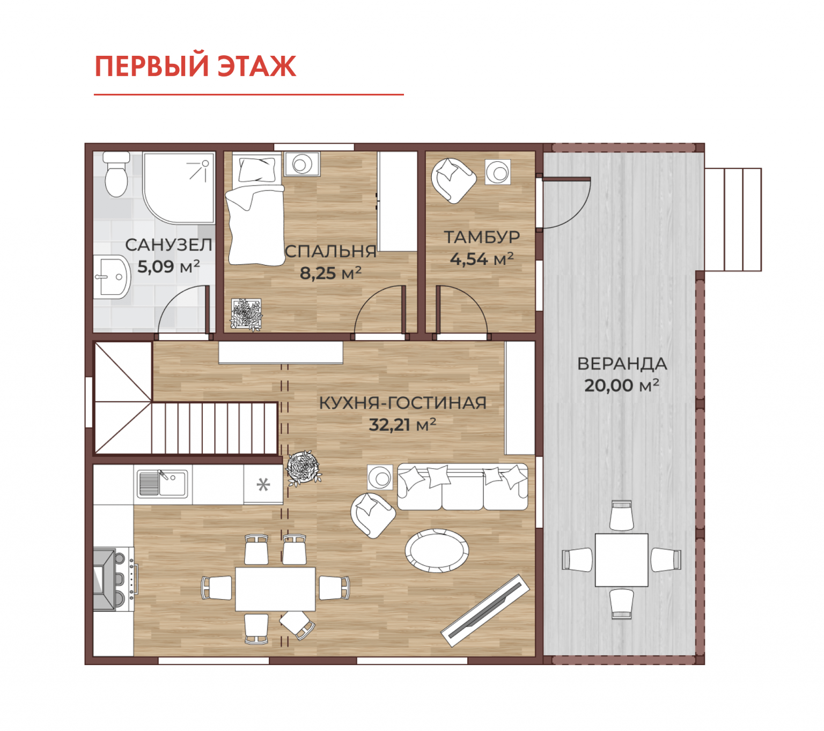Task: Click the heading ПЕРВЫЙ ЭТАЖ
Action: pyautogui.click(x=195, y=66)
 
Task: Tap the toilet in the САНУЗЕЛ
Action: pyautogui.click(x=116, y=174)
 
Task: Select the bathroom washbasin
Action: pyautogui.click(x=112, y=277)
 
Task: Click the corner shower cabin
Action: pyautogui.click(x=179, y=187)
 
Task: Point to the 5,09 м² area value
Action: pyautogui.click(x=168, y=267)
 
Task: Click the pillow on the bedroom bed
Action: pyautogui.click(x=256, y=169)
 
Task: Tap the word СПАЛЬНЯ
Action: pyautogui.click(x=330, y=252)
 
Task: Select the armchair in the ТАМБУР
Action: pyautogui.click(x=453, y=180)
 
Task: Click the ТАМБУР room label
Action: pyautogui.click(x=482, y=237)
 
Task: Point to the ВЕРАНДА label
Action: pyautogui.click(x=622, y=364)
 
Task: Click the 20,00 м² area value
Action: pyautogui.click(x=621, y=386)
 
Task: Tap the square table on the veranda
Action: pyautogui.click(x=621, y=560)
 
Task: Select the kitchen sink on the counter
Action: pyautogui.click(x=162, y=484)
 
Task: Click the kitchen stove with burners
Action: pyautogui.click(x=114, y=579)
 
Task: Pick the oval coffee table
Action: pyautogui.click(x=436, y=550)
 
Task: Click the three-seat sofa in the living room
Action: pyautogui.click(x=462, y=486)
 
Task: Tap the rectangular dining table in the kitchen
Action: pyautogui.click(x=275, y=589)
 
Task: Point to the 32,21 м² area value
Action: pyautogui.click(x=402, y=425)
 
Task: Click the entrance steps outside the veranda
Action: pyautogui.click(x=733, y=219)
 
